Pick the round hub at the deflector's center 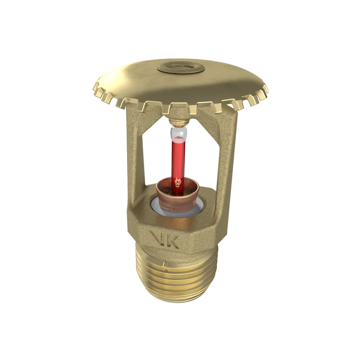click(x=179, y=67)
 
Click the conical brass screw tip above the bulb click(x=178, y=123)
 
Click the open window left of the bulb click(x=157, y=157)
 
